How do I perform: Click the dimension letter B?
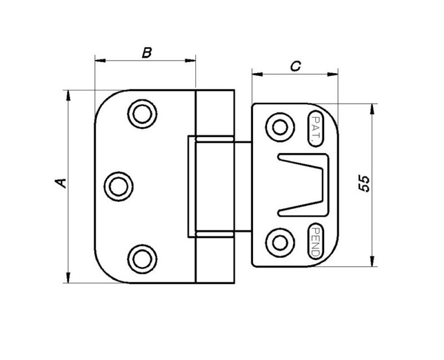tap(147, 53)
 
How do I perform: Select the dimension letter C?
tap(295, 67)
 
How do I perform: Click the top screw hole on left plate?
tap(142, 114)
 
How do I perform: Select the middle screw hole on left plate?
tap(119, 186)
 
